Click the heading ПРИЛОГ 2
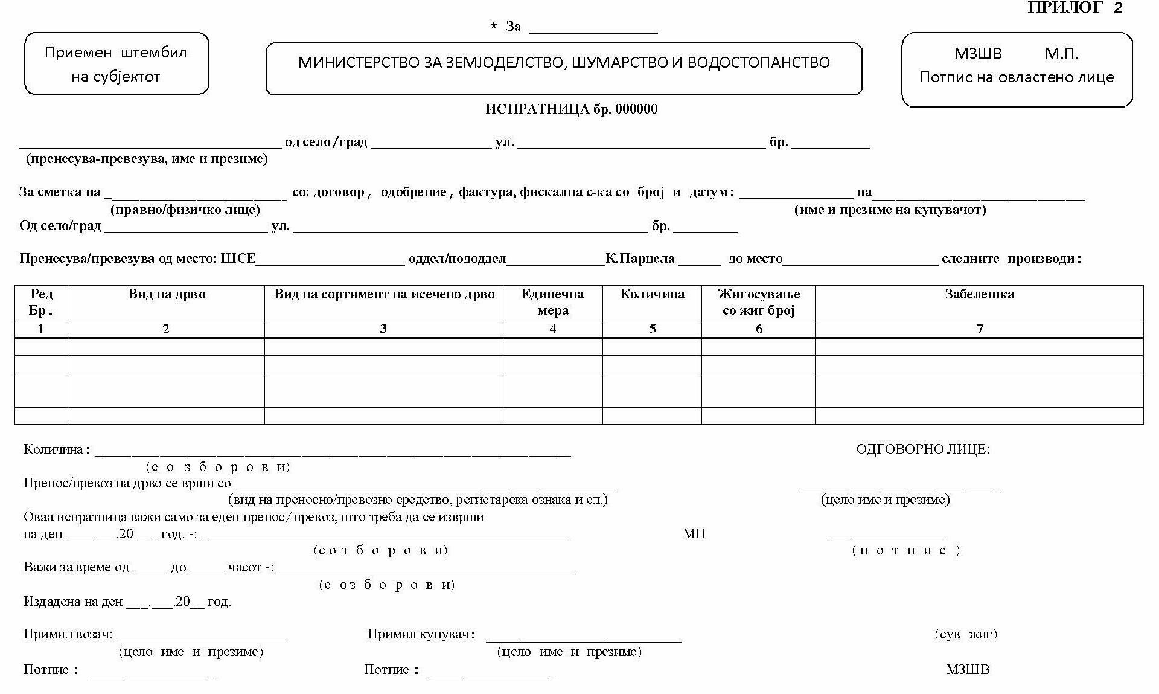pos(1074,8)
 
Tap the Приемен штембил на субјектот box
pos(116,64)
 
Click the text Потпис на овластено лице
pos(1017,77)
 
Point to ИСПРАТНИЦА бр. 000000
pos(571,109)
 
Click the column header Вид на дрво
pos(167,295)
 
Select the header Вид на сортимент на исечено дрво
pos(384,295)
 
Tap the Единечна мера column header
pos(552,302)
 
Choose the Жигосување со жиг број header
pos(758,302)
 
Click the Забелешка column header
pos(979,295)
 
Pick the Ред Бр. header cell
pos(41,302)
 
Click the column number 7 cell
pos(979,329)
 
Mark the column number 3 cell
pos(383,329)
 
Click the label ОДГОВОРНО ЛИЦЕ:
pos(922,449)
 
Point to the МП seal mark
pos(694,534)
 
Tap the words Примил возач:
pos(68,634)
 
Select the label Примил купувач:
pos(421,634)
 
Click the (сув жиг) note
pos(965,634)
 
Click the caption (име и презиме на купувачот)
pos(890,210)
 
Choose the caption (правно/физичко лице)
pos(185,210)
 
